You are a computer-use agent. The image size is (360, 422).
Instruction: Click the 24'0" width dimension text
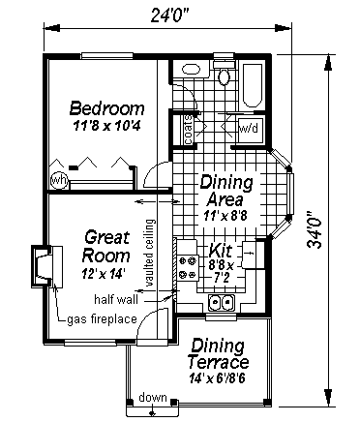[169, 15]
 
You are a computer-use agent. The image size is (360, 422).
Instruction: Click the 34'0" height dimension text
[315, 230]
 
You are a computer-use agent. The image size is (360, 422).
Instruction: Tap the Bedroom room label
[107, 108]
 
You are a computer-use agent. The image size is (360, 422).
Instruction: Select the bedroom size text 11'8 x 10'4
[106, 125]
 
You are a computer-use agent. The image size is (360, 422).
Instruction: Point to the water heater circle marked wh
[59, 180]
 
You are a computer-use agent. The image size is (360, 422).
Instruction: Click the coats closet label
[189, 130]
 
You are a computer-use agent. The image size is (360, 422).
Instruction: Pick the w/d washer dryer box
[249, 130]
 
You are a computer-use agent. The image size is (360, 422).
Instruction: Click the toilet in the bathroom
[225, 75]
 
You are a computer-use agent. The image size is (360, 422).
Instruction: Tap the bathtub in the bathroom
[252, 85]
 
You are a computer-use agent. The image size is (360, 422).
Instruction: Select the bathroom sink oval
[192, 70]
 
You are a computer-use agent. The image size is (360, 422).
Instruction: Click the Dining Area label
[226, 191]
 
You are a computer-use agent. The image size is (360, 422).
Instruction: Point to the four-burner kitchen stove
[188, 267]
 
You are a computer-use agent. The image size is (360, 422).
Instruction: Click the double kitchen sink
[222, 303]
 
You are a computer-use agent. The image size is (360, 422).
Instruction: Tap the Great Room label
[106, 247]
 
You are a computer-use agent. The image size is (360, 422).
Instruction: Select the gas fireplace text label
[102, 319]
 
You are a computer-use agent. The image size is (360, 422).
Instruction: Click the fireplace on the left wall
[46, 266]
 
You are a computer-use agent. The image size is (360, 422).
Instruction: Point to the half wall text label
[116, 299]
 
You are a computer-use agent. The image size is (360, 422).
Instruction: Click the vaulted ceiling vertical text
[150, 253]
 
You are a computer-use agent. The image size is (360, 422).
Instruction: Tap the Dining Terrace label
[218, 353]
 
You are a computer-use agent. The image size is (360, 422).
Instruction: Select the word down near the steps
[153, 397]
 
